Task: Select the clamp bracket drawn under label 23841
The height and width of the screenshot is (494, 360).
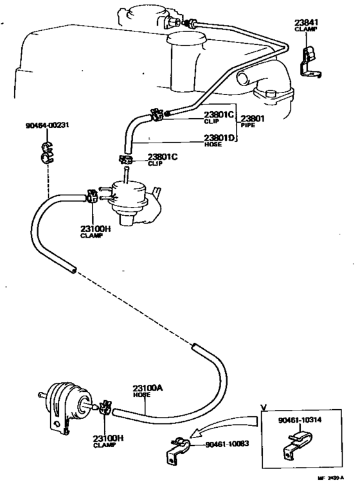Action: (308, 61)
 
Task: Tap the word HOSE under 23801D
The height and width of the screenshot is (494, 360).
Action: (213, 145)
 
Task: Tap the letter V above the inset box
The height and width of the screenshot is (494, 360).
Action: (262, 406)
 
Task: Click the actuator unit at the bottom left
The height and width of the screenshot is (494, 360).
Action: (64, 403)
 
